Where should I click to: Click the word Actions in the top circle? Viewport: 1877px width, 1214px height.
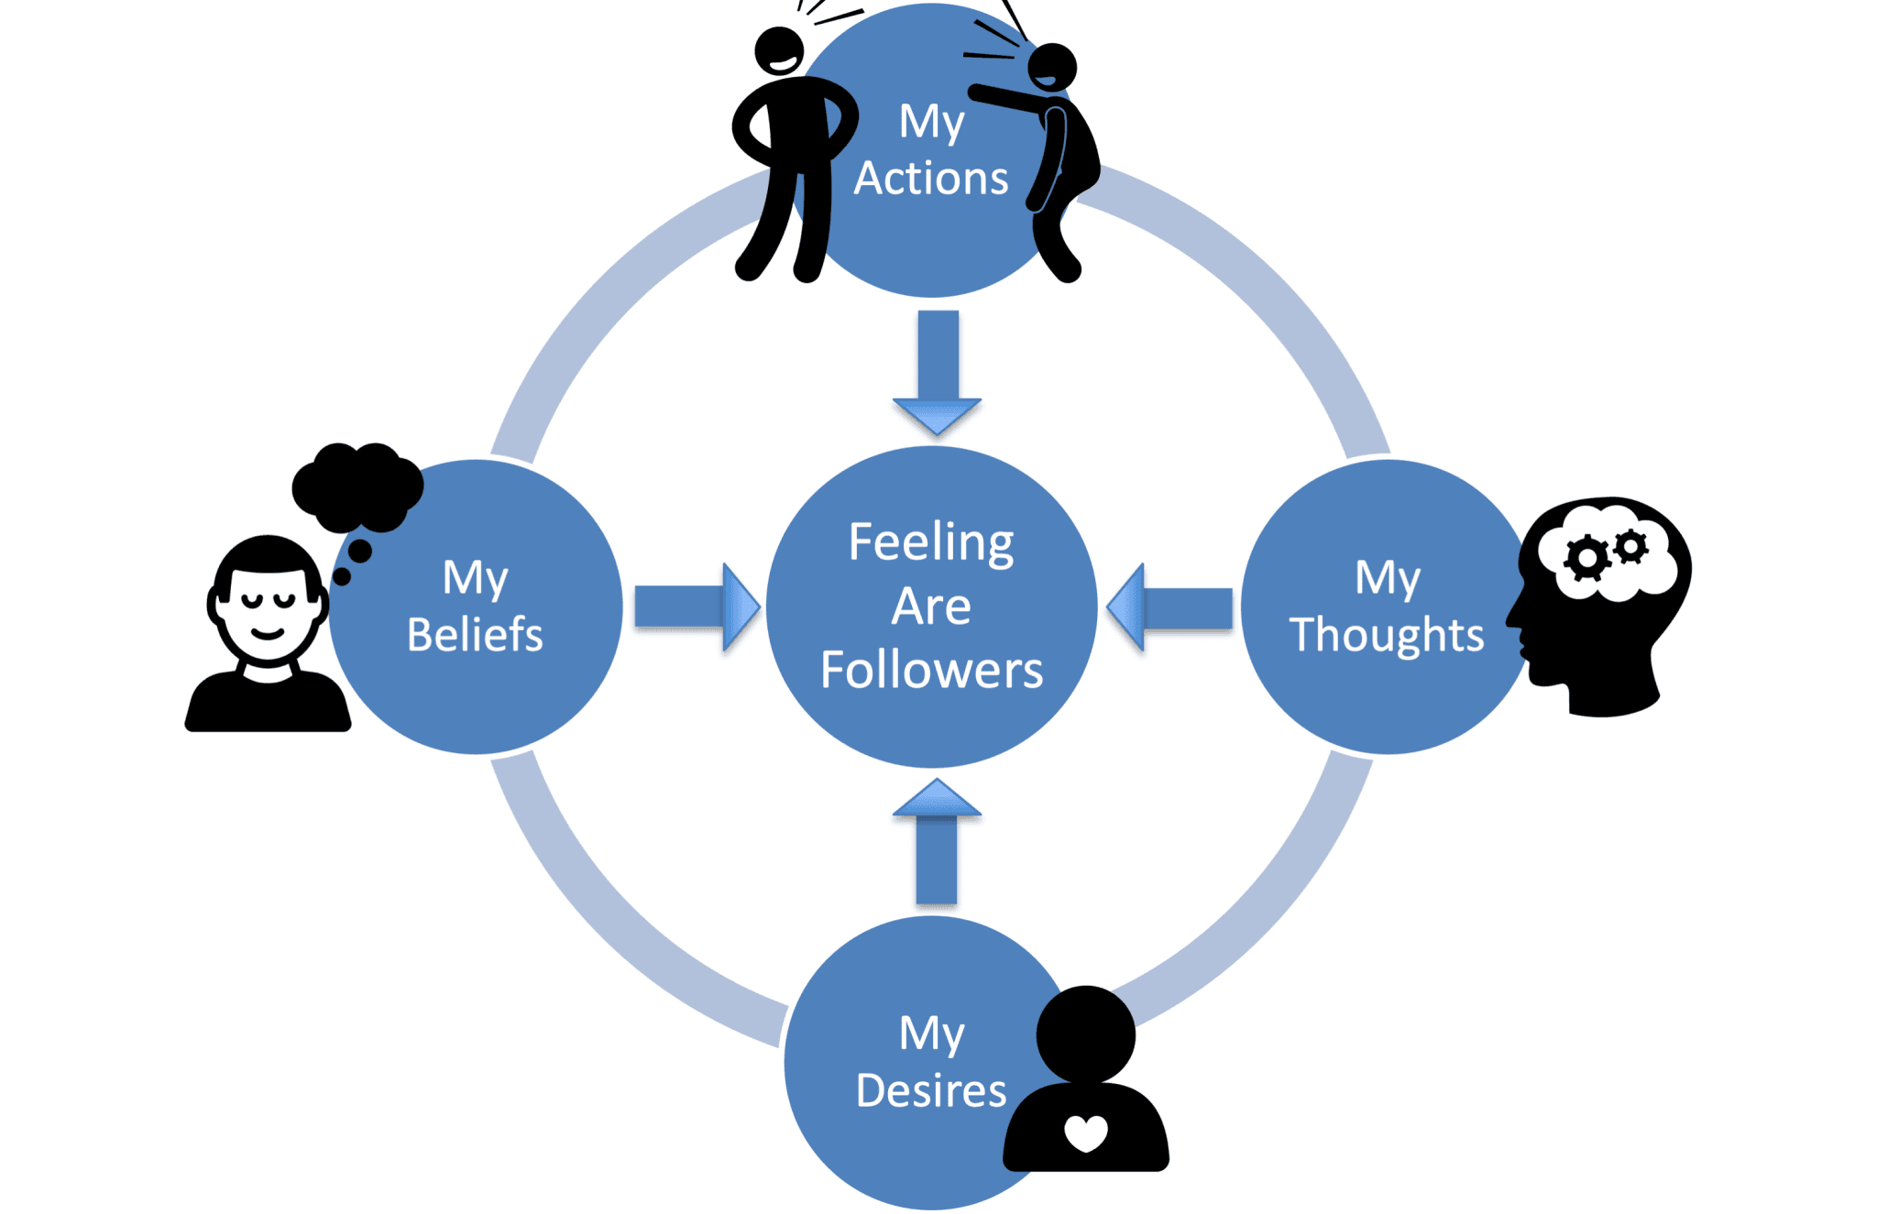coord(931,178)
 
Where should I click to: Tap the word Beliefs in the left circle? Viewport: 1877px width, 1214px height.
coord(475,634)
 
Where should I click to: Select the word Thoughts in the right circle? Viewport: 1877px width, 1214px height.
coord(1386,634)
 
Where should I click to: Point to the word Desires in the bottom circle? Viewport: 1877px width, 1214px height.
coord(931,1090)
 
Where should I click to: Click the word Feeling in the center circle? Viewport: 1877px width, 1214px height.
coord(931,541)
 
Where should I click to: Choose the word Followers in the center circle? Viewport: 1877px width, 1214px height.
coord(931,670)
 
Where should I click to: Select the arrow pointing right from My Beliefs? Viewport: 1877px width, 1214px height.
coord(697,607)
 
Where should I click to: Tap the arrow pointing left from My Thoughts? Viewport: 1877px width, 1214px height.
coord(1169,607)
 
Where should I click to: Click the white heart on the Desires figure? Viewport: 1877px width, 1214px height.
coord(1086,1132)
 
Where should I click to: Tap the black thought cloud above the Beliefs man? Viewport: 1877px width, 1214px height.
coord(357,486)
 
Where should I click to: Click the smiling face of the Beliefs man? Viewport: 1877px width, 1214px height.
coord(268,609)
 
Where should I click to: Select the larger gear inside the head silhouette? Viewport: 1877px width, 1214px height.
coord(1586,558)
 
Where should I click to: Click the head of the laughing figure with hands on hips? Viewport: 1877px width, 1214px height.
coord(779,51)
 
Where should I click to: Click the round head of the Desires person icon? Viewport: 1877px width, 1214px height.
coord(1086,1034)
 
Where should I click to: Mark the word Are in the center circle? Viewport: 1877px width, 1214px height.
coord(931,606)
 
